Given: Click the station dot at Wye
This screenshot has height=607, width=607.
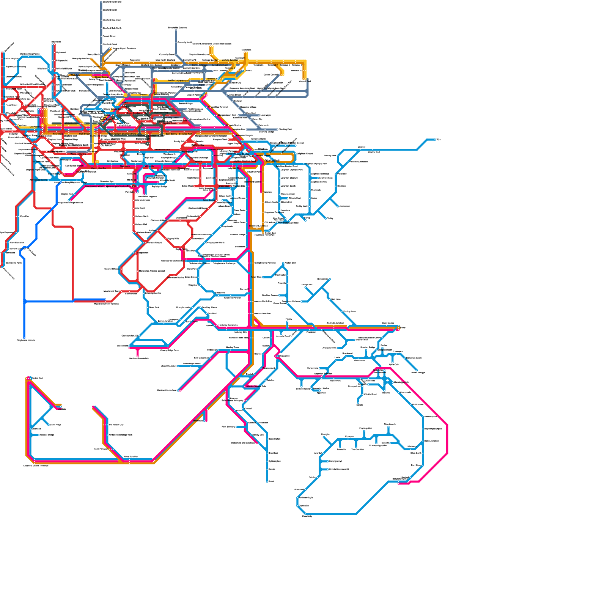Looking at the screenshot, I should tap(436, 140).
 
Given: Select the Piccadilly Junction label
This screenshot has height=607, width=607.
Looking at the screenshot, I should tap(359, 162).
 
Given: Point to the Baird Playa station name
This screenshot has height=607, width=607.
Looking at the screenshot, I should tap(55, 425).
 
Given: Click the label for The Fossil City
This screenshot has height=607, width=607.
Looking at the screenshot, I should tap(116, 425).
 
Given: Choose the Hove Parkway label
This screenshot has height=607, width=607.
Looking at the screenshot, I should tap(101, 449).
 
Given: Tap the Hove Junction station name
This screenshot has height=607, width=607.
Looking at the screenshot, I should tap(131, 457).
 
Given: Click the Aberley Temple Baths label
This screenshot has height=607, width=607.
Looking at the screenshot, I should tap(256, 386).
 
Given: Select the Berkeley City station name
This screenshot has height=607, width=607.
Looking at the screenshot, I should tap(240, 332).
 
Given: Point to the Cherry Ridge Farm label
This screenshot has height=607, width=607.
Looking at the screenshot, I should tap(169, 351).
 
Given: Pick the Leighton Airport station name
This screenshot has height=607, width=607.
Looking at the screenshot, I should tap(305, 154).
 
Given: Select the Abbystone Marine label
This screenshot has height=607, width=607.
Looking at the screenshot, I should tap(39, 180).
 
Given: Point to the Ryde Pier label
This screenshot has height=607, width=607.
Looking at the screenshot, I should tap(24, 216).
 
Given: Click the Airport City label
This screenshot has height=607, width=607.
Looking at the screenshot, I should tap(236, 83).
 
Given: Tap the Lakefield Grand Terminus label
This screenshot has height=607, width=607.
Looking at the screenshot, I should tap(36, 465).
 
